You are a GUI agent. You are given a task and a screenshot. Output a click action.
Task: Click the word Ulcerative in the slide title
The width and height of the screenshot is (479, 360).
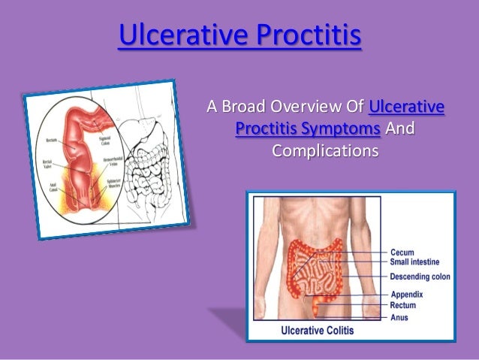coord(176,35)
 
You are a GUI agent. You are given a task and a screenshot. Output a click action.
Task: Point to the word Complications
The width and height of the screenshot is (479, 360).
coord(325,150)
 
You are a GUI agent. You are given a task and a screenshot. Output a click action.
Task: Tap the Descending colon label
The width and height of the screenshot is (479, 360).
coord(420,276)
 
